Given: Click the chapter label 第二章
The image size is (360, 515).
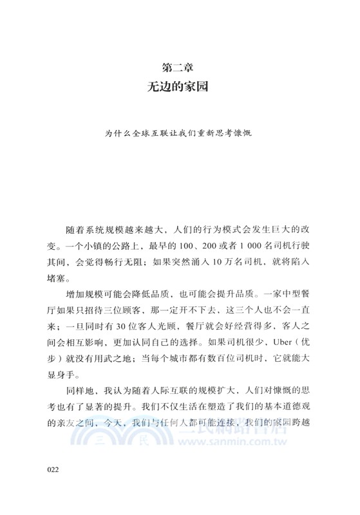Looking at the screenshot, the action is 180,66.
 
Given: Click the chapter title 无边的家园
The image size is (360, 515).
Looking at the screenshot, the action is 180,85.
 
